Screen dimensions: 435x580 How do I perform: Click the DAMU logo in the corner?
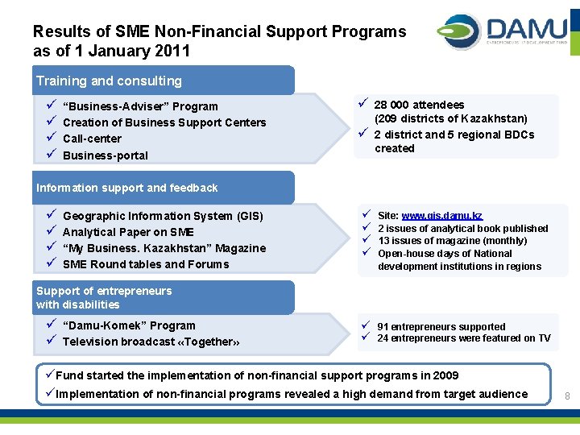click(x=503, y=32)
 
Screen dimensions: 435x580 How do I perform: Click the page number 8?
click(x=567, y=396)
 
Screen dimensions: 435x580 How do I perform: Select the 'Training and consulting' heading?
click(x=109, y=81)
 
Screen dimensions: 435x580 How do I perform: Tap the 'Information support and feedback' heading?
click(x=126, y=188)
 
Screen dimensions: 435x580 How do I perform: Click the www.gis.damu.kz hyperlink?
click(x=441, y=216)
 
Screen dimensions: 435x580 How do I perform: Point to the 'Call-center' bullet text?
click(x=92, y=139)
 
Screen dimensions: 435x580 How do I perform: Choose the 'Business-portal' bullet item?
click(x=105, y=155)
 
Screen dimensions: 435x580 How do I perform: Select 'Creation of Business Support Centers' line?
click(x=164, y=122)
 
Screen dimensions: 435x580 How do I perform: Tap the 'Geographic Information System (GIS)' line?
click(x=163, y=216)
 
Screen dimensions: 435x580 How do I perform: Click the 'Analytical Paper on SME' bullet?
click(x=128, y=232)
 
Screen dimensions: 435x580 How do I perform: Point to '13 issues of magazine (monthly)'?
click(x=452, y=241)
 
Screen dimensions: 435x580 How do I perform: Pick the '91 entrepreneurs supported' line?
click(x=441, y=326)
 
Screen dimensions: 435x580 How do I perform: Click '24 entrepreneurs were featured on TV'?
click(x=464, y=338)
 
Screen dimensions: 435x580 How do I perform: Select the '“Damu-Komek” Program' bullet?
click(x=129, y=325)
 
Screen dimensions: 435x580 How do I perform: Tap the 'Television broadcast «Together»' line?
click(x=151, y=342)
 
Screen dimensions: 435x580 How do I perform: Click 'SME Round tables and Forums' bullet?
click(x=146, y=264)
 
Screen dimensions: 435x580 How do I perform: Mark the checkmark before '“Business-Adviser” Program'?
click(x=50, y=106)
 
